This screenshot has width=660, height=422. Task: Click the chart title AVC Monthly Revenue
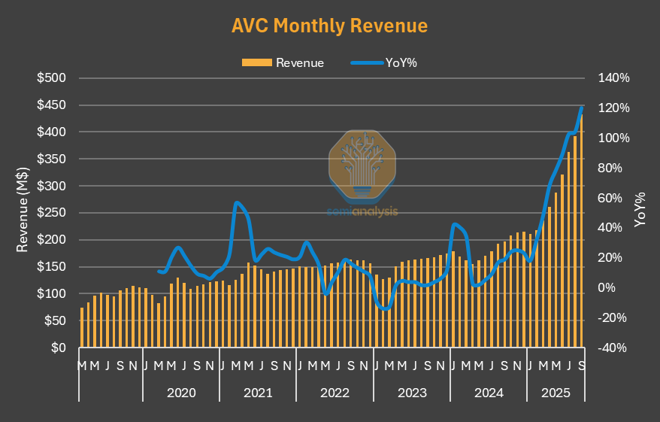tap(329, 26)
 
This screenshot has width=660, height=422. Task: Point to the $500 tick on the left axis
tap(52, 78)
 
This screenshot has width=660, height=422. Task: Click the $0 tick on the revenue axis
tap(59, 348)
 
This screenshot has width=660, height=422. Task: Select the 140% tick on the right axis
tap(613, 78)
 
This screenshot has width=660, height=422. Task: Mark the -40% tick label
tap(613, 348)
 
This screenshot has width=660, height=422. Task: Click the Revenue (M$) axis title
tap(23, 213)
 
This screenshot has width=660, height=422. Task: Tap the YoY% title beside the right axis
tap(640, 210)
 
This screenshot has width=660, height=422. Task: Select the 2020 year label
tap(181, 393)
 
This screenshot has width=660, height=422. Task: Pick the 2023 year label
tap(412, 393)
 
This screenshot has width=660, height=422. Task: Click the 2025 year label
tap(557, 393)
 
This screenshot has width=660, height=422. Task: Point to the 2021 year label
tap(258, 393)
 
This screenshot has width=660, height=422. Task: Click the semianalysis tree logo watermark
tap(363, 167)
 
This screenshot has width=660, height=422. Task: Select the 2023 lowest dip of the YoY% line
tap(386, 308)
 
